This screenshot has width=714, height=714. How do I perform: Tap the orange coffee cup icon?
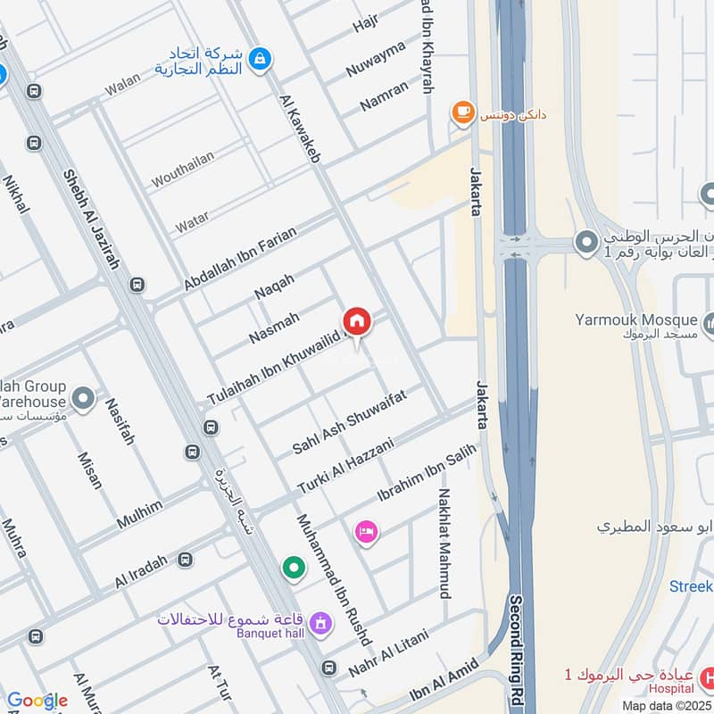click(x=461, y=112)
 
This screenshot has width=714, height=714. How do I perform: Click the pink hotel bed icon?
click(x=367, y=533)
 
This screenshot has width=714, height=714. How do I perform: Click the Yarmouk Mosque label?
click(x=635, y=320)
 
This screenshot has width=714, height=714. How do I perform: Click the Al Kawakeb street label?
click(x=300, y=129)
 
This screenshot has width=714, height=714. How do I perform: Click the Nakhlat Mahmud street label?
click(x=444, y=543)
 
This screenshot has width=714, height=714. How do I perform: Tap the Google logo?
click(x=37, y=701)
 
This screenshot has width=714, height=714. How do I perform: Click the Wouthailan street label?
click(x=182, y=170)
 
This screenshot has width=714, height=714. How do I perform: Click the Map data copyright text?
click(x=666, y=705)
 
